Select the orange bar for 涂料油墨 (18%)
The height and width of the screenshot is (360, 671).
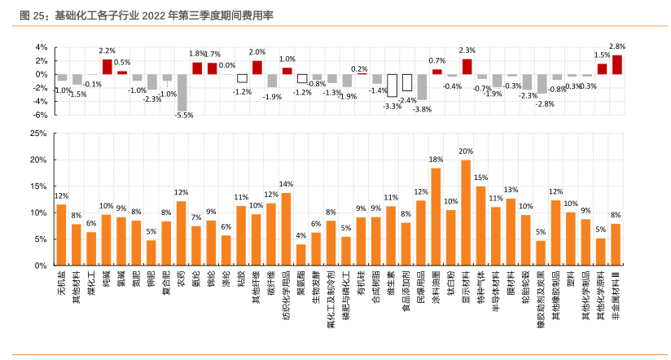click(x=436, y=217)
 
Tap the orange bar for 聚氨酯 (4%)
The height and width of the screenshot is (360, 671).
click(x=301, y=255)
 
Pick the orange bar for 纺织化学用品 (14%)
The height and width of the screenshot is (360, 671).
click(x=286, y=229)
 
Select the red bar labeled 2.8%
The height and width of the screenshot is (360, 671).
click(x=616, y=64)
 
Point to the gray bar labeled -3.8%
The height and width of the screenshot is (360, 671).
click(x=421, y=86)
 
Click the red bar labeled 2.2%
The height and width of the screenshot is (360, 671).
click(x=107, y=67)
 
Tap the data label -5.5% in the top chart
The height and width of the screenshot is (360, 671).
click(x=184, y=116)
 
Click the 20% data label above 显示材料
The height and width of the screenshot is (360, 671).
click(x=466, y=151)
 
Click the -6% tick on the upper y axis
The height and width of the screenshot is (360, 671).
click(x=42, y=115)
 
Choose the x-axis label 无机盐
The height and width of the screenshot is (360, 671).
click(x=61, y=283)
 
